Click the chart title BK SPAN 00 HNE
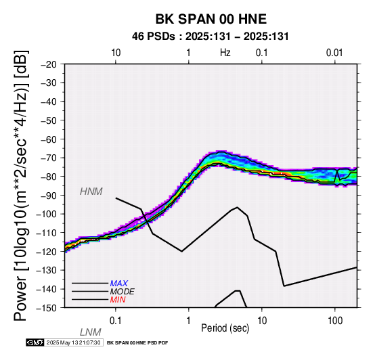pos(211,19)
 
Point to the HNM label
pos(91,192)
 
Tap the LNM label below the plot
pos(91,332)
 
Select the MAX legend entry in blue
pos(118,284)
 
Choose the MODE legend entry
pos(122,292)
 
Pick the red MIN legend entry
pos(118,300)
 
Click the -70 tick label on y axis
pos(49,158)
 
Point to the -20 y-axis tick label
pos(49,64)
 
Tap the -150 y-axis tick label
pos(47,308)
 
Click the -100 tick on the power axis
pos(47,214)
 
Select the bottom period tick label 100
pos(335,321)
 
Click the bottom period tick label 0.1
pos(116,321)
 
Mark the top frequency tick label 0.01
pos(334,53)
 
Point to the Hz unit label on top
pos(225,53)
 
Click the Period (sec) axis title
pos(225,328)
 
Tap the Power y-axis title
pos(21,185)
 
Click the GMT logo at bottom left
pos(35,343)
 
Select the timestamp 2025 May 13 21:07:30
pos(73,343)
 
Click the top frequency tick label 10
pos(116,53)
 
